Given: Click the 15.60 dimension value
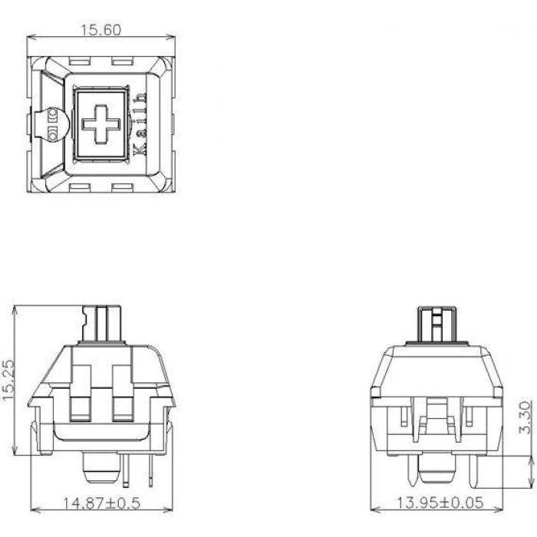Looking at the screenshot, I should (x=100, y=30).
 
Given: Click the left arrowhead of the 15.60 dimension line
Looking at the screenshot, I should (x=31, y=37).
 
